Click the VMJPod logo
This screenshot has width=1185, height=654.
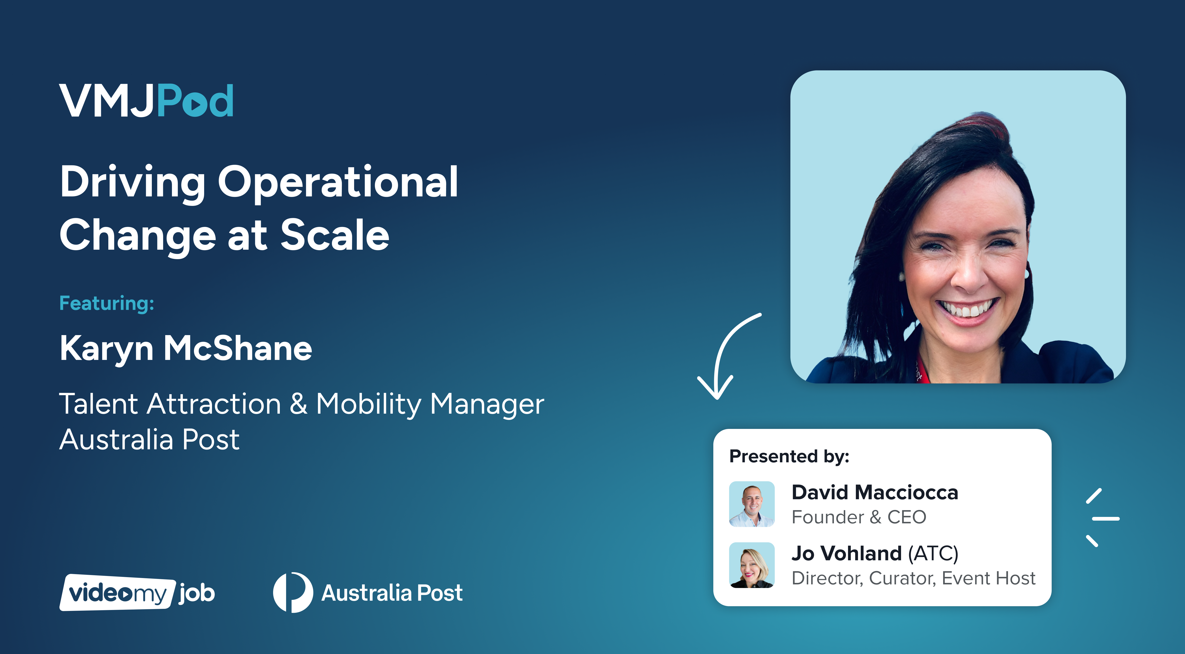(x=146, y=100)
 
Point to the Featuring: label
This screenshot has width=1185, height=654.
(x=107, y=304)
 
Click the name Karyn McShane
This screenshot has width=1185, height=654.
(x=186, y=348)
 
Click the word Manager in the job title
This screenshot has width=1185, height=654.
(x=487, y=405)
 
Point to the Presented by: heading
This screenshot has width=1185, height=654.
(x=789, y=456)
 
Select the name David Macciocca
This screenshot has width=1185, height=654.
(x=875, y=492)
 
